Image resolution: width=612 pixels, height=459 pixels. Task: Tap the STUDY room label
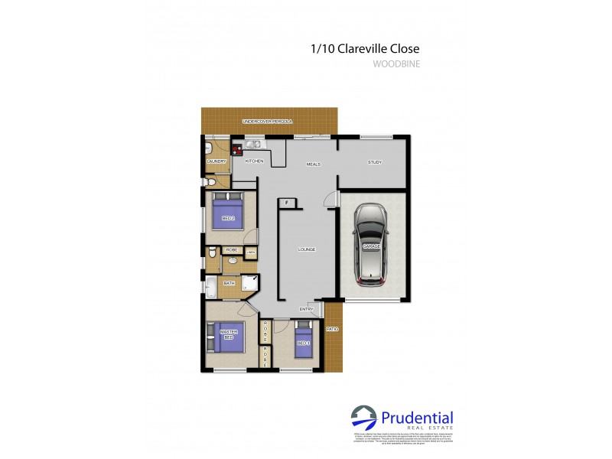click(x=374, y=162)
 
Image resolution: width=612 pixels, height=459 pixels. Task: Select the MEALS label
click(x=313, y=164)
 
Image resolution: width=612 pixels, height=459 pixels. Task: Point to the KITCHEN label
click(x=254, y=161)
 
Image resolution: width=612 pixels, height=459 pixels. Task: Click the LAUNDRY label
click(x=216, y=161)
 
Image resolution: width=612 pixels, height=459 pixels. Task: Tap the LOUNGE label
click(x=308, y=249)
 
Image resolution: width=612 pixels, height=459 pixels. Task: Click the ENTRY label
click(x=306, y=309)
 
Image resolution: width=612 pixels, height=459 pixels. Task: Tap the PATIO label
click(x=332, y=329)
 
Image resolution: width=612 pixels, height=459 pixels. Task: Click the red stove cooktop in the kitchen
click(x=236, y=150)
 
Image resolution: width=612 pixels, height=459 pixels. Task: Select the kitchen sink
click(x=254, y=144)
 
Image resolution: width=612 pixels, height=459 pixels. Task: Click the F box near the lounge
click(x=288, y=202)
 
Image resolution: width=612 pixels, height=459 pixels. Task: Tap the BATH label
click(x=229, y=284)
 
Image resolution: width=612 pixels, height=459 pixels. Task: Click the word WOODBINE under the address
click(x=396, y=64)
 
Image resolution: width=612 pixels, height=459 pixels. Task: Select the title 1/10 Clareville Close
click(x=365, y=48)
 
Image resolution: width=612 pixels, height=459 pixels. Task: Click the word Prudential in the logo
click(x=417, y=418)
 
